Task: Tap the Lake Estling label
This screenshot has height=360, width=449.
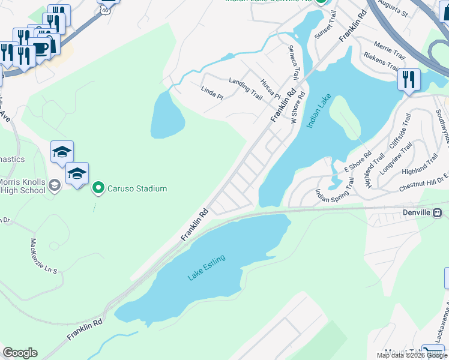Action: point(206,268)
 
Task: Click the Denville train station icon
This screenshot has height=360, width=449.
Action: point(438,212)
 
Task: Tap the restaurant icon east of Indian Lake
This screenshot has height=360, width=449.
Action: point(409,80)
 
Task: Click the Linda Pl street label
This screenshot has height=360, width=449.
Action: point(211,93)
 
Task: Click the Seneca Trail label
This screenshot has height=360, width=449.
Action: point(293,62)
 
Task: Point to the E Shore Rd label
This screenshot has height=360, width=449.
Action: point(358,163)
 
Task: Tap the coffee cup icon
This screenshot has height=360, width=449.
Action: point(41,48)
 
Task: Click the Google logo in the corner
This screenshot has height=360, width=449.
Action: point(20,353)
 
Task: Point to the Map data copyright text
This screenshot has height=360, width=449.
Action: point(412,355)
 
